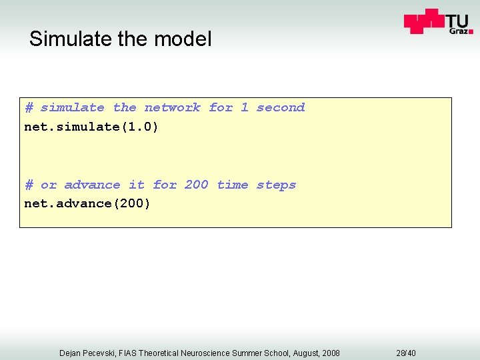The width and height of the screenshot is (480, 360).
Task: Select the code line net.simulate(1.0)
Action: coord(91,127)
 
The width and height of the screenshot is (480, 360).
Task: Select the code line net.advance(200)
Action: coord(87,203)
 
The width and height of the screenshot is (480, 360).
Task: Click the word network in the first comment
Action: coord(172,107)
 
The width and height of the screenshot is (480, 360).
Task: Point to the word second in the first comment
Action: coord(280,107)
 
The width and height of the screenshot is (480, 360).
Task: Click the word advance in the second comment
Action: coord(92,185)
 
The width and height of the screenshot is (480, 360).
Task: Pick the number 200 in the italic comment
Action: coord(196,185)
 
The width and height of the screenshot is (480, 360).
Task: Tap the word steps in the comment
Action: coord(276,185)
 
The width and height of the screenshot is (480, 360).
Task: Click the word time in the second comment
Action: coord(233,185)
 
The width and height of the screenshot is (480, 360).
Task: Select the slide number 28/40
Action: coord(406,353)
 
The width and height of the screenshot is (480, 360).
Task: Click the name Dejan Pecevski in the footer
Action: coord(87,353)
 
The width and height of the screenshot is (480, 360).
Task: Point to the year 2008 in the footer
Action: coord(329,353)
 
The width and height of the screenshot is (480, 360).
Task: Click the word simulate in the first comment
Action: coord(72,107)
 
